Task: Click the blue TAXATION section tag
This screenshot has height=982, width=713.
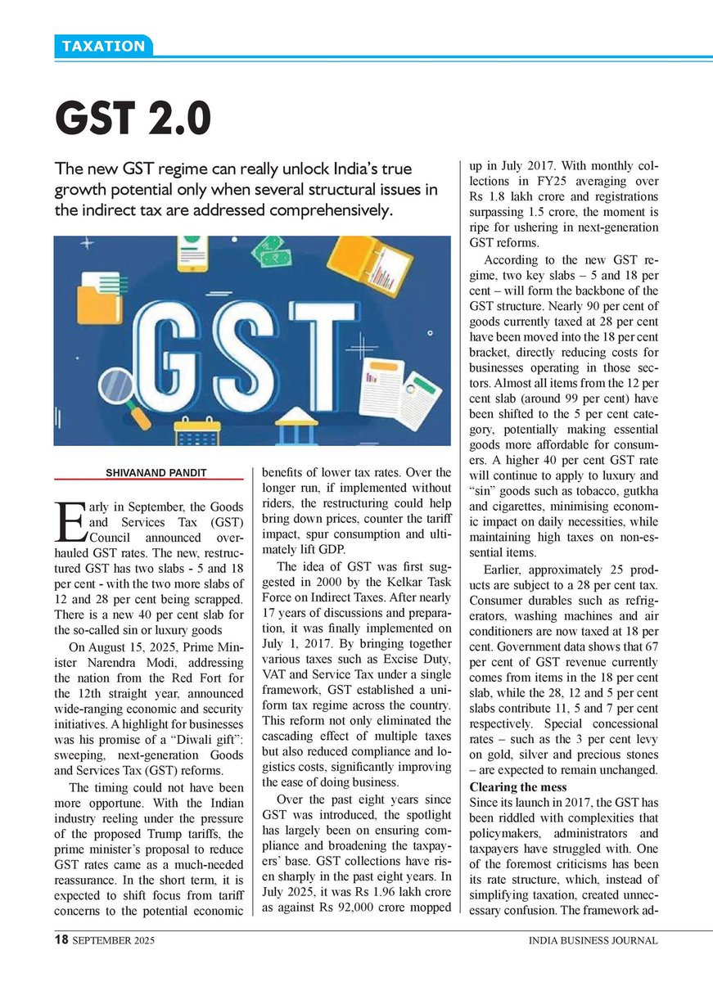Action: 103,46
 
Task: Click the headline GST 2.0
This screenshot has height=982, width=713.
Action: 133,119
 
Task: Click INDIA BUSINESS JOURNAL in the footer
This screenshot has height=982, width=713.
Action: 593,941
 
